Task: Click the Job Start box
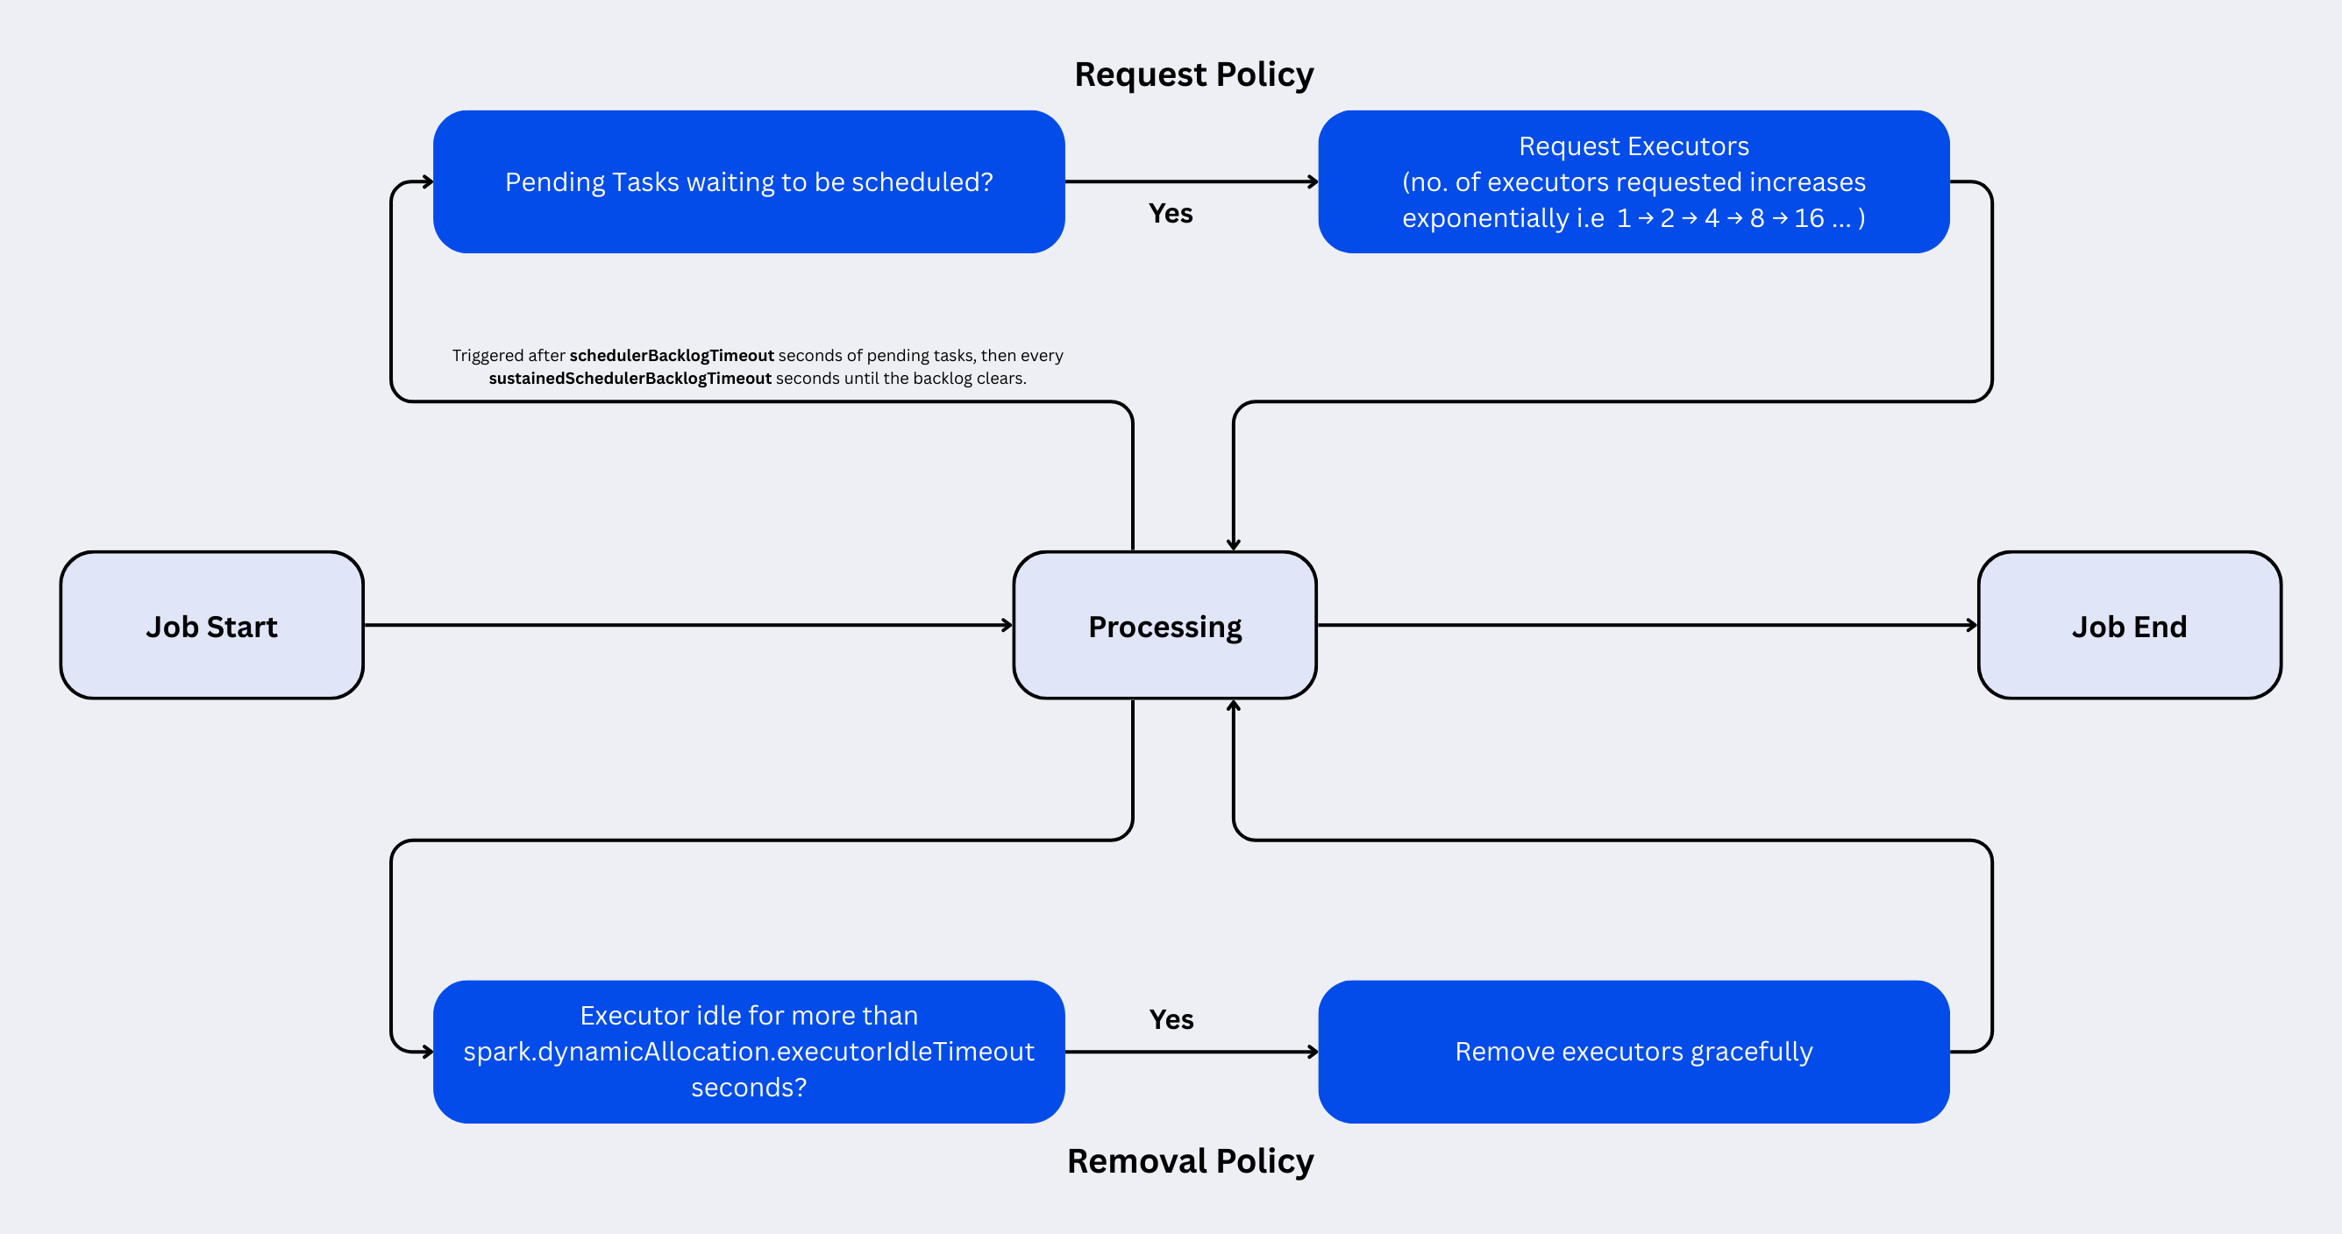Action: (212, 625)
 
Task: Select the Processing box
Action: (1164, 625)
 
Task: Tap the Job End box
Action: (2128, 625)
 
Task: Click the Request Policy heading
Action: (1193, 74)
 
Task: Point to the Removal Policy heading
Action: (1190, 1161)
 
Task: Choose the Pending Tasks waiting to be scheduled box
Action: (748, 181)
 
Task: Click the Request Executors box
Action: (1633, 181)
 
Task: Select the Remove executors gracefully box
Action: (1633, 1052)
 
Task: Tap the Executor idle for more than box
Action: (748, 1052)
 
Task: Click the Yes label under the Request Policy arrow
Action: (1170, 214)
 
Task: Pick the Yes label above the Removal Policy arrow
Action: (1171, 1019)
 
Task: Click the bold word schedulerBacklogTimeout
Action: (671, 355)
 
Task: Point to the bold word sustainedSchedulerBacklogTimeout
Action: (630, 378)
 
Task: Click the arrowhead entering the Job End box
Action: (1972, 625)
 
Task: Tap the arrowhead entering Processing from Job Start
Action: (1007, 625)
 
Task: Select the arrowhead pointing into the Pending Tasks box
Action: (427, 181)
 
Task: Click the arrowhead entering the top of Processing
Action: (1234, 545)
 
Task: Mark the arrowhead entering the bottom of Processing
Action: (1234, 706)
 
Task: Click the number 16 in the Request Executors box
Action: (1808, 218)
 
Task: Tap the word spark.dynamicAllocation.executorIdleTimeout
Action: (748, 1052)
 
